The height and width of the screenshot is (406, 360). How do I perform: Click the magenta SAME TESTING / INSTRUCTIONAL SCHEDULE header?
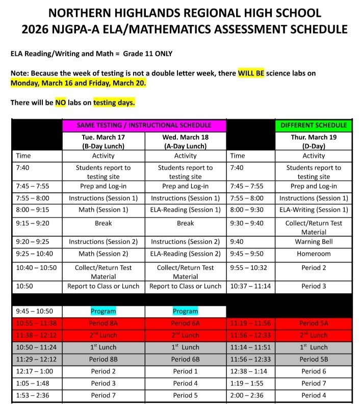click(x=144, y=125)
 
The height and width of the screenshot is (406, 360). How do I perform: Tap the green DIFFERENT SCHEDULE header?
click(x=314, y=125)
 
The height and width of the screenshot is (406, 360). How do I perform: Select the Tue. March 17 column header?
click(x=103, y=141)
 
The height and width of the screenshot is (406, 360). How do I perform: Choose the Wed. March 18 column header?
click(x=185, y=141)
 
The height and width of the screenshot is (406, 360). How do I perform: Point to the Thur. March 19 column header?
click(x=314, y=141)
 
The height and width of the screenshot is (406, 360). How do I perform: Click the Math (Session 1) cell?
click(x=103, y=210)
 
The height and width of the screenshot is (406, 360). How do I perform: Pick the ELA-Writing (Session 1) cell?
click(x=314, y=210)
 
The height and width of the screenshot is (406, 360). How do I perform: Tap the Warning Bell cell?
click(x=314, y=242)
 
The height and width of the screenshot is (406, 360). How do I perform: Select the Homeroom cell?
click(x=314, y=253)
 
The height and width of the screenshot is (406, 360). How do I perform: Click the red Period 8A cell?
click(x=103, y=323)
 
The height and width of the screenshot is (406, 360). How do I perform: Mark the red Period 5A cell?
click(x=314, y=323)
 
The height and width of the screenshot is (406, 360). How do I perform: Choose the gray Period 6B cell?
click(x=185, y=359)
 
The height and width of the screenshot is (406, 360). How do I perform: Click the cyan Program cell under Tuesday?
click(x=103, y=311)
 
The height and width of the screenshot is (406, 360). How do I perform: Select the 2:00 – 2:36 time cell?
click(x=249, y=395)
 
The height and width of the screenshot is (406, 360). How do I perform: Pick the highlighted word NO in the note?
click(x=61, y=103)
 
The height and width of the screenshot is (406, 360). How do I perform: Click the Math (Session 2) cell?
click(x=103, y=253)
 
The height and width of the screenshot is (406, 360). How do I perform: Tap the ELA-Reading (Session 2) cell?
click(x=185, y=253)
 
